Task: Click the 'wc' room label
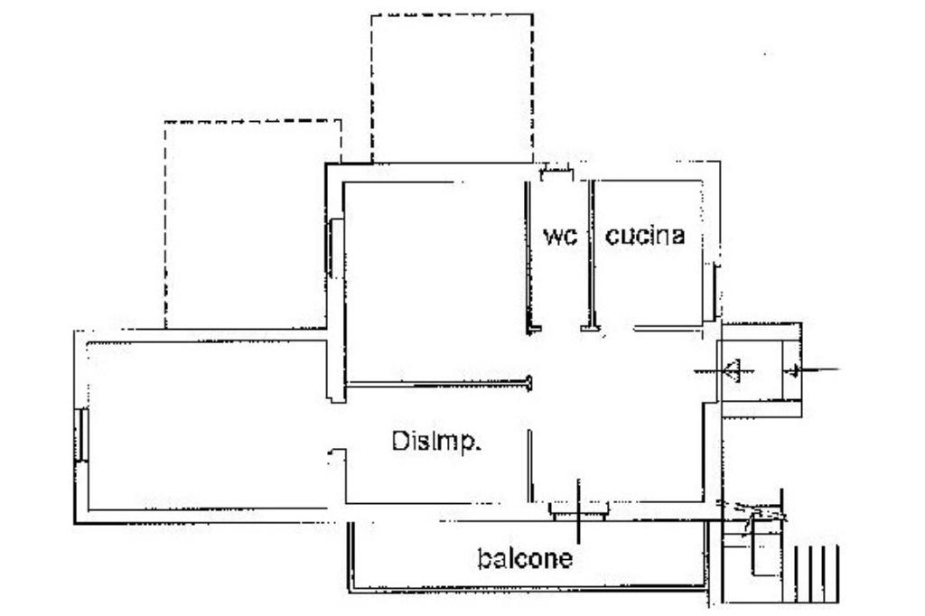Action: pos(559,237)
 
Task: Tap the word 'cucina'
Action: pos(645,237)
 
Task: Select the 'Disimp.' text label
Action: pos(436,442)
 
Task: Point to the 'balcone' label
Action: pos(524,559)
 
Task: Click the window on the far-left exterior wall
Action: pos(81,434)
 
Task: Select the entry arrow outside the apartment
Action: pos(813,369)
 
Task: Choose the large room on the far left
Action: pos(208,425)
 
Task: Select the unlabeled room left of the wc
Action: pos(434,280)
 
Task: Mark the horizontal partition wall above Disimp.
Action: pos(438,385)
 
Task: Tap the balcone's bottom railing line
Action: pos(524,592)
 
